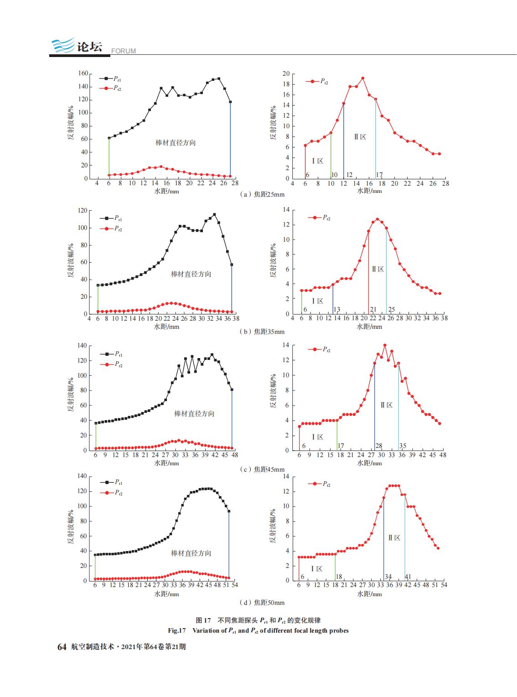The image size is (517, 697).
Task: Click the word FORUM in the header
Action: click(x=124, y=51)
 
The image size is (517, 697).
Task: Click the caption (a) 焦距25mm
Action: click(x=262, y=194)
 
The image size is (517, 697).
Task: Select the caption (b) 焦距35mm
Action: click(x=262, y=332)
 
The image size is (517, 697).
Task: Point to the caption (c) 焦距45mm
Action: click(x=262, y=469)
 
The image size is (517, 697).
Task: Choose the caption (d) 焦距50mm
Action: click(x=262, y=603)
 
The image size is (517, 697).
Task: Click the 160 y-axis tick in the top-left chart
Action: click(x=83, y=73)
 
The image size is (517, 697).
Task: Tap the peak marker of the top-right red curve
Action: click(x=362, y=78)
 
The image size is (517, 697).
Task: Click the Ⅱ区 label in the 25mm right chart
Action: click(x=360, y=137)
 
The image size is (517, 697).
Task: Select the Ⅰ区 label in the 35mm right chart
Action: click(x=318, y=301)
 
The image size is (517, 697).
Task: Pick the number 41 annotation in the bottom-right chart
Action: click(x=408, y=577)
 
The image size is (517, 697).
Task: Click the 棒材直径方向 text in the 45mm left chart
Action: click(x=194, y=414)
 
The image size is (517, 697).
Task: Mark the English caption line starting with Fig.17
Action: click(x=258, y=630)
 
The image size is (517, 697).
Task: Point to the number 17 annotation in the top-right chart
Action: click(x=379, y=175)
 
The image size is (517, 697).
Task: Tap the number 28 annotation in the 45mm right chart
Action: click(x=378, y=446)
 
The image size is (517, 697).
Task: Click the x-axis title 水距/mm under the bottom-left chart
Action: click(x=167, y=594)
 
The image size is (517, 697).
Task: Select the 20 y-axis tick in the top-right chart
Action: click(x=286, y=73)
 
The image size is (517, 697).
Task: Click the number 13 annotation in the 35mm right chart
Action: click(x=337, y=310)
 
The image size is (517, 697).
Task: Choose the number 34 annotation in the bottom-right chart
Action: click(x=388, y=577)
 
